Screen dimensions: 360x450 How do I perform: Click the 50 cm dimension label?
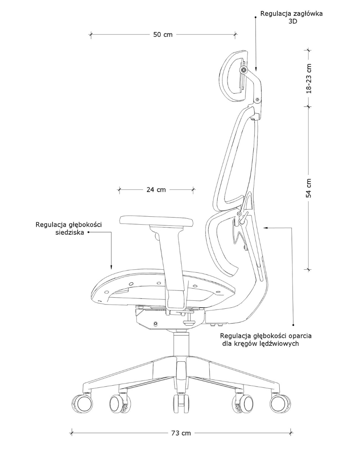[x=163, y=35]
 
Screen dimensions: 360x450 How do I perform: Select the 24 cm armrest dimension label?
[x=156, y=190]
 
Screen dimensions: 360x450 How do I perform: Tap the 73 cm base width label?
[x=181, y=433]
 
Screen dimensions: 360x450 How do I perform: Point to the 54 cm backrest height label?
[x=309, y=188]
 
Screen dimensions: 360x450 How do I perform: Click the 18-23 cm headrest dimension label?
[x=309, y=78]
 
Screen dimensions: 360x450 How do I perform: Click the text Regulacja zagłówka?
[x=291, y=14]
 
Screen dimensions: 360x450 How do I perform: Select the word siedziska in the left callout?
[x=70, y=233]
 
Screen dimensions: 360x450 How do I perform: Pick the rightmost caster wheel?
[x=280, y=402]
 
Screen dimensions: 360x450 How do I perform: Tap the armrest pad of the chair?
[x=156, y=221]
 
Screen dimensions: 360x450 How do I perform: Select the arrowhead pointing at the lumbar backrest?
[x=266, y=228]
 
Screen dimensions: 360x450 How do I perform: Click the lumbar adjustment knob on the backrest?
[x=242, y=219]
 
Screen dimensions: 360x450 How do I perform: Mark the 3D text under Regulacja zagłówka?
[x=293, y=22]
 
